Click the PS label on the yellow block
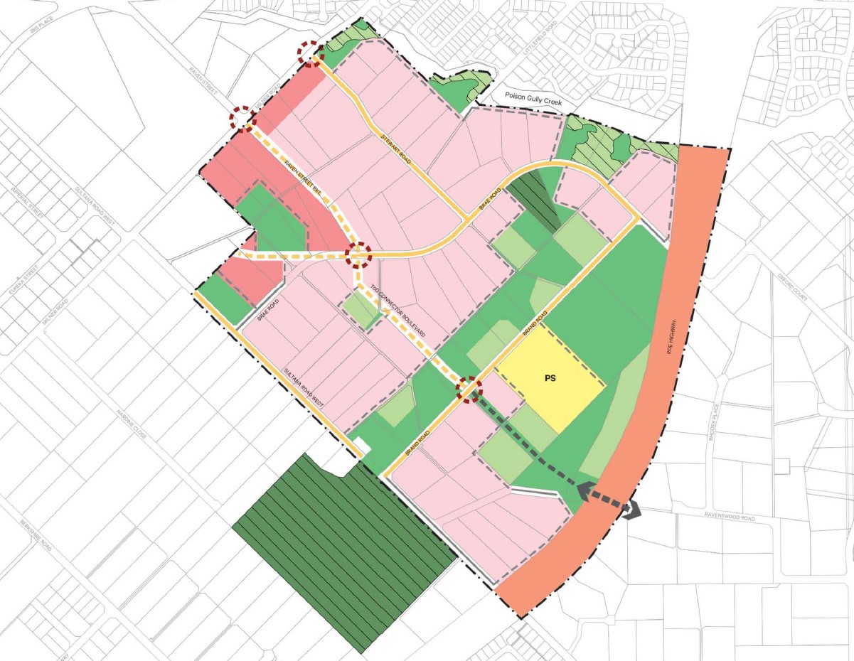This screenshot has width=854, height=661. [549, 378]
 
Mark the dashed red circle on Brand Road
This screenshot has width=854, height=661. [469, 389]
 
